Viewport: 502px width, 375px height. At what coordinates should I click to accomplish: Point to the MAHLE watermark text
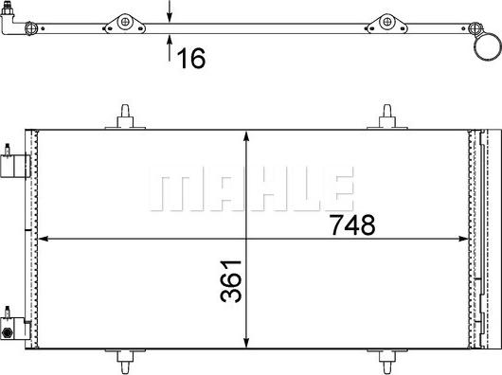pos(251,189)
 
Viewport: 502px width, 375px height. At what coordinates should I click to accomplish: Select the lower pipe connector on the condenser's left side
pos(12,324)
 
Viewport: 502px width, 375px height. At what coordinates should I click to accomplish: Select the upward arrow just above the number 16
pos(170,40)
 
